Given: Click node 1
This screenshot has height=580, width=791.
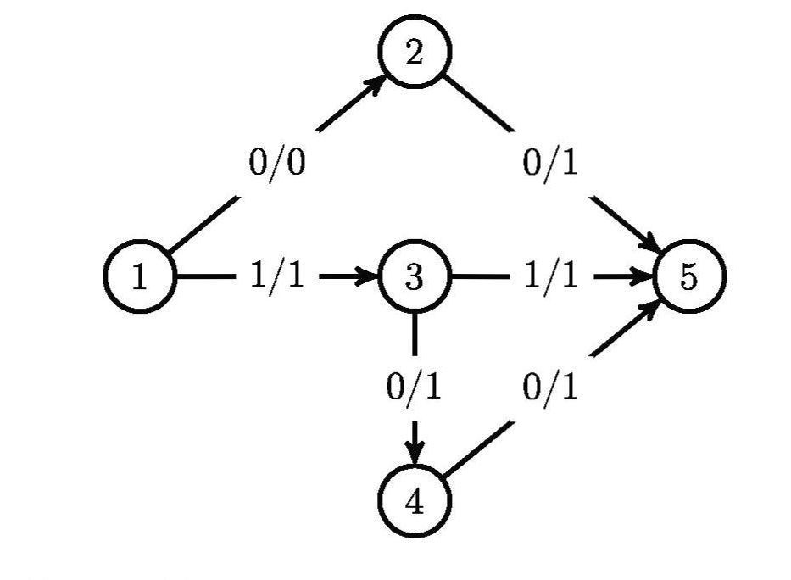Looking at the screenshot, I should [x=139, y=277].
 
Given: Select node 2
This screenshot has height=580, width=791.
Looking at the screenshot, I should [x=415, y=53].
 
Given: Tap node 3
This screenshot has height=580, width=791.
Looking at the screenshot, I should [x=415, y=277].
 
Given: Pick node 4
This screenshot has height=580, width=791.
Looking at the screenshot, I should [x=415, y=502].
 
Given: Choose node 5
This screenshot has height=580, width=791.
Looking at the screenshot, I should [x=689, y=277].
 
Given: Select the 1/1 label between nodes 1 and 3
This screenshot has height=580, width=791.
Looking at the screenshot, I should [x=277, y=277].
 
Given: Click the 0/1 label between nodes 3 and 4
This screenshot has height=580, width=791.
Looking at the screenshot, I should [x=415, y=388].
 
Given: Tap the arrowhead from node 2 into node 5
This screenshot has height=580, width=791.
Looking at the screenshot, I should [x=652, y=246].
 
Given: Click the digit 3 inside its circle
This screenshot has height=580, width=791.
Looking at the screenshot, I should [x=415, y=277].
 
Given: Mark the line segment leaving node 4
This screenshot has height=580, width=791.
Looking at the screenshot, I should [x=479, y=449].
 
